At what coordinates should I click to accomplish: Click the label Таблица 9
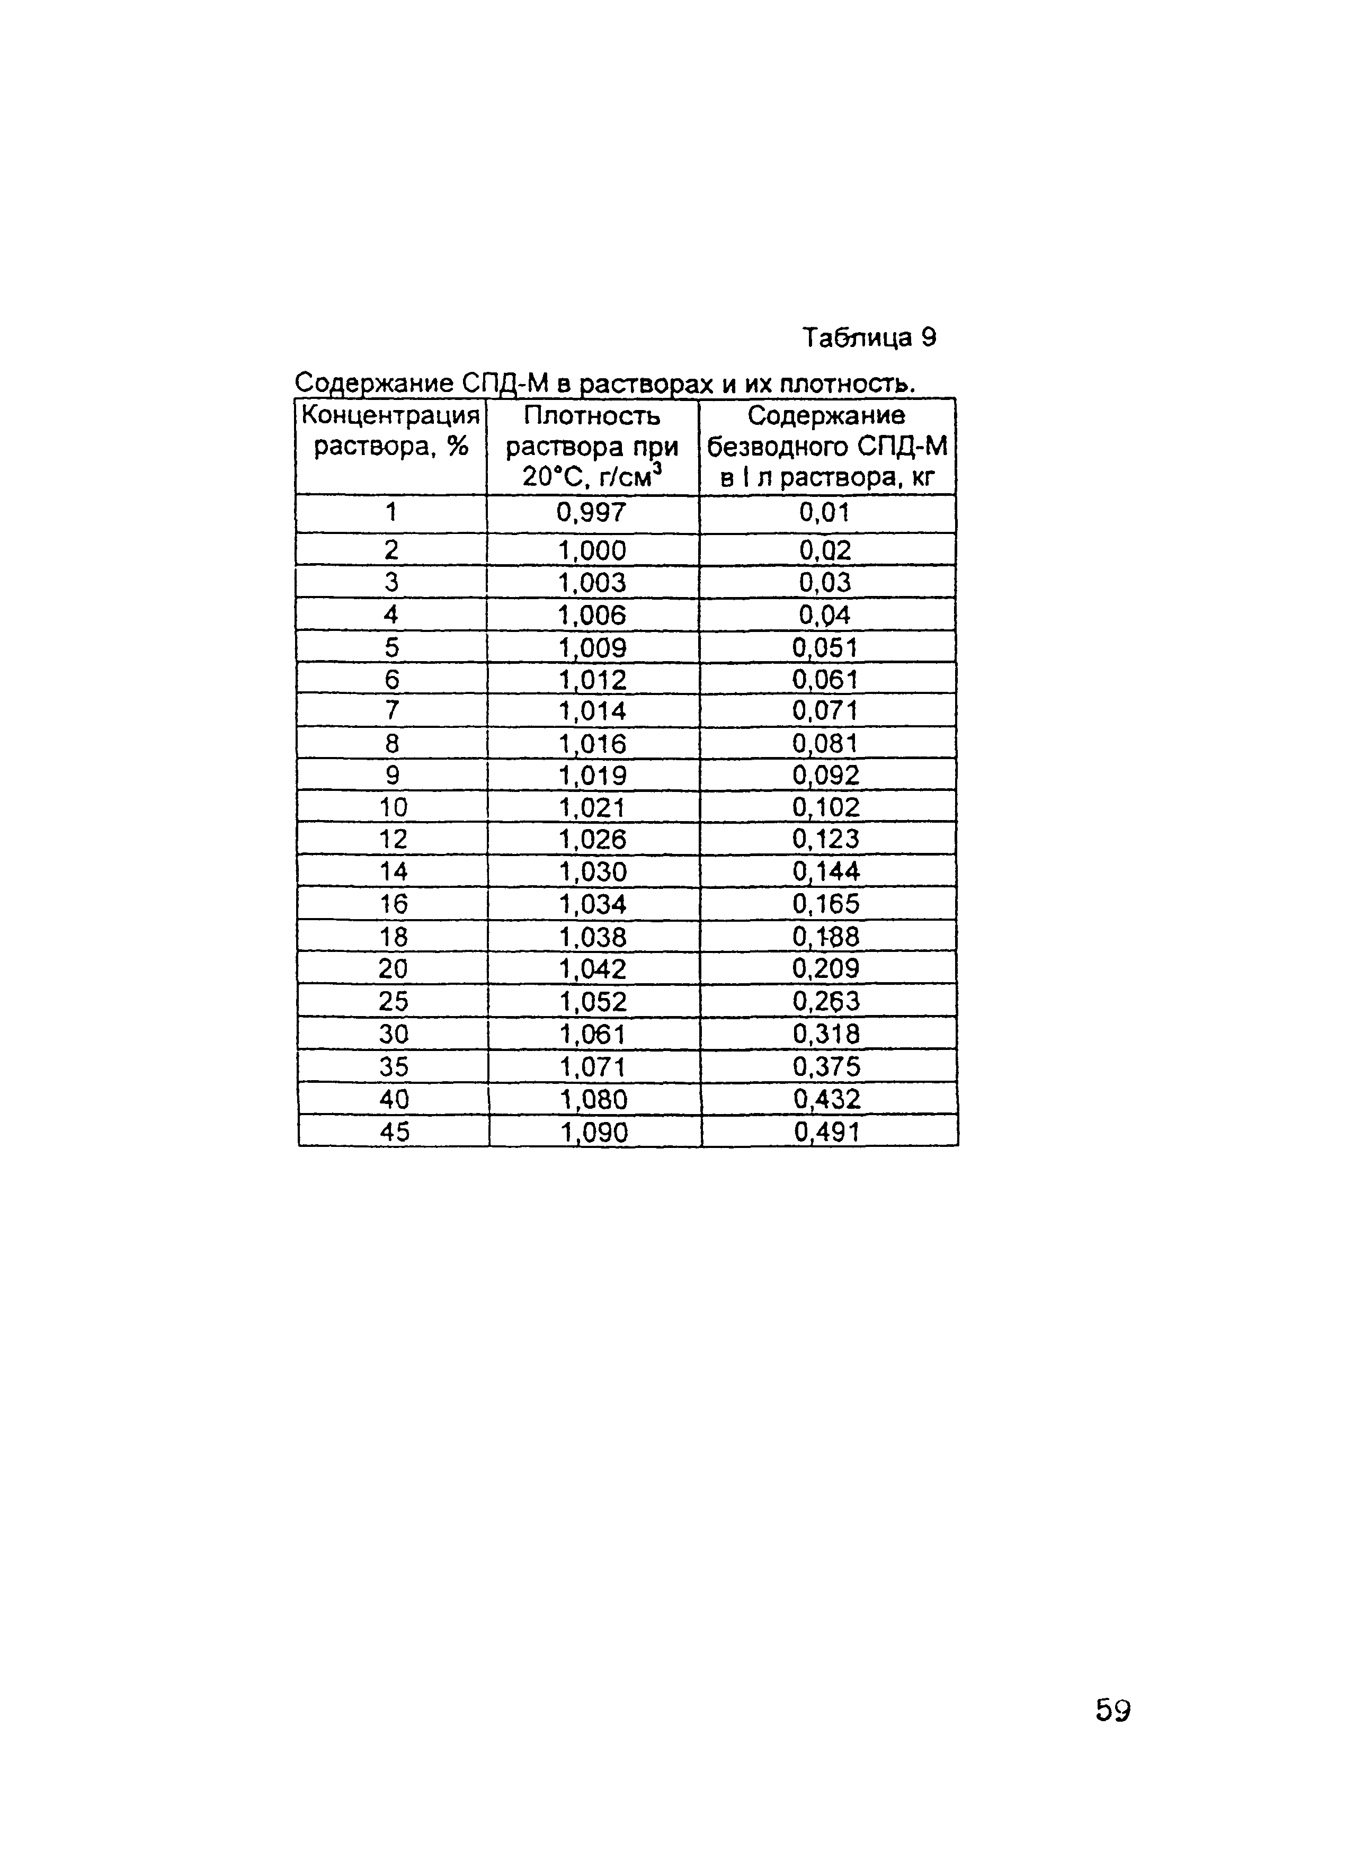869,337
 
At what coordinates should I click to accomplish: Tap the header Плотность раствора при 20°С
592,447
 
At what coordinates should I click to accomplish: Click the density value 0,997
592,513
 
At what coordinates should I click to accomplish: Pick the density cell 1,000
592,550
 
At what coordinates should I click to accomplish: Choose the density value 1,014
592,710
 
